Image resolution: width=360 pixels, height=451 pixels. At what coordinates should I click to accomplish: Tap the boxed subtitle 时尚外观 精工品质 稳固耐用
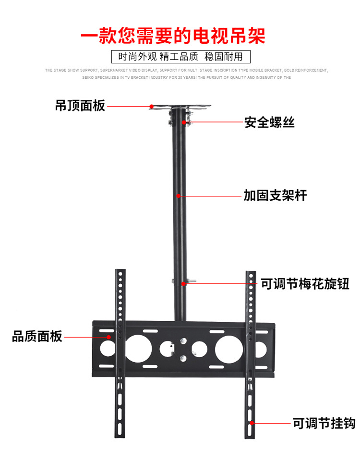point(180,56)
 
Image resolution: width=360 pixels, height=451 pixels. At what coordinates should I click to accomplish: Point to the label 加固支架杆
point(275,195)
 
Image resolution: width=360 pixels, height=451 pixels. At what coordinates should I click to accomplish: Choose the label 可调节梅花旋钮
point(305,283)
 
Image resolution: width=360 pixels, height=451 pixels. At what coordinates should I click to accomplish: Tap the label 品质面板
point(37,337)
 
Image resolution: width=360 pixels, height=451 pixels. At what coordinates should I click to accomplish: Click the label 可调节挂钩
point(324,423)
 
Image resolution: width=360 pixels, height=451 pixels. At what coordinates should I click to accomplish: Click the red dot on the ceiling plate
point(151,106)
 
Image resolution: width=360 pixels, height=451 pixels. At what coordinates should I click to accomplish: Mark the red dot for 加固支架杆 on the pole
point(178,195)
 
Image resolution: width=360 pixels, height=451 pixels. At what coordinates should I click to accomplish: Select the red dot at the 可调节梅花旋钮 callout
point(183,283)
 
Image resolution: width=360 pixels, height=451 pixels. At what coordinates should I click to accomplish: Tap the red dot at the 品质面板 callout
point(109,337)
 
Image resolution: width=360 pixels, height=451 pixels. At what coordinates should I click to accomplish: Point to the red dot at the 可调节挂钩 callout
point(252,423)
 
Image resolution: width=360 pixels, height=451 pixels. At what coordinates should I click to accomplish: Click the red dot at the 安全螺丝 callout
point(184,122)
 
